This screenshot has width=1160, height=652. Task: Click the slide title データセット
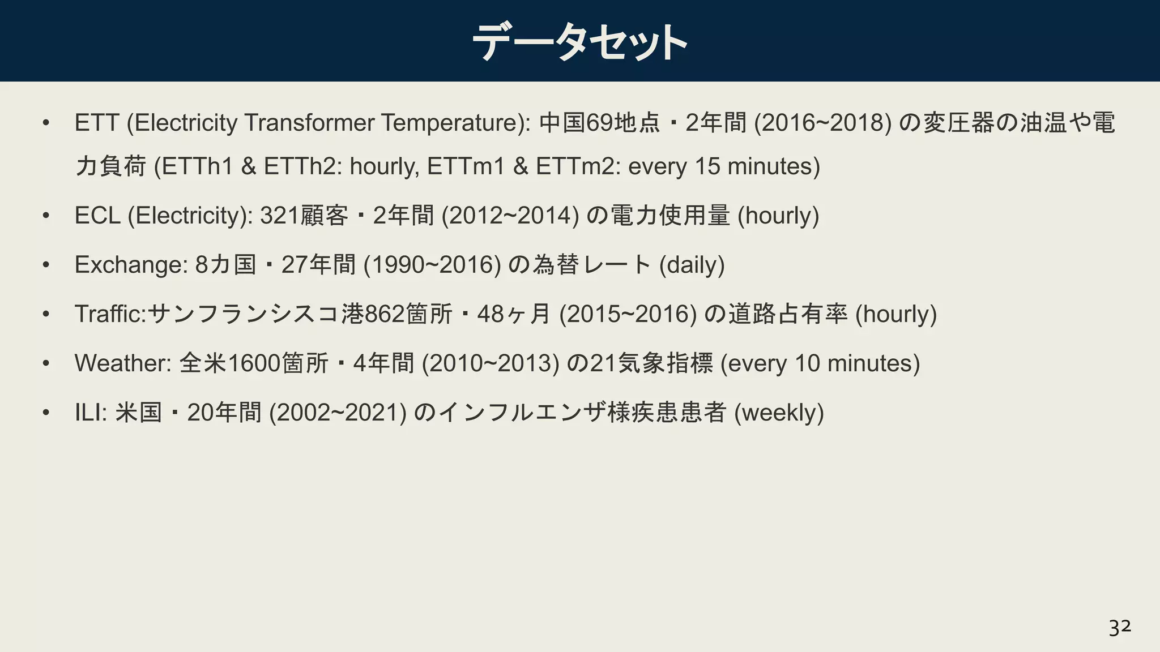(579, 42)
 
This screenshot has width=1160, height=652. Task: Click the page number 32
(1119, 628)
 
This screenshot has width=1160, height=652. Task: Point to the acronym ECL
(97, 216)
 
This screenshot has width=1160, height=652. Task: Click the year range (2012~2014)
(510, 216)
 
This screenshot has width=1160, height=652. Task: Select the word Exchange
(130, 265)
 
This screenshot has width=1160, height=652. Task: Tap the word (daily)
(692, 265)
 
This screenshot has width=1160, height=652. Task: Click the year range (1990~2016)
(432, 265)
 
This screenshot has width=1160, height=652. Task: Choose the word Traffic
(110, 314)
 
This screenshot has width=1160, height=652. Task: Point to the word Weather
(122, 363)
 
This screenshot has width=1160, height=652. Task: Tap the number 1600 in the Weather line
(253, 363)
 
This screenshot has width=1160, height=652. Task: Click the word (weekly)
(779, 413)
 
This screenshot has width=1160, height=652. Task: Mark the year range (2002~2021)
(338, 413)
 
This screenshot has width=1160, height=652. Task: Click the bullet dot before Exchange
(46, 265)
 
